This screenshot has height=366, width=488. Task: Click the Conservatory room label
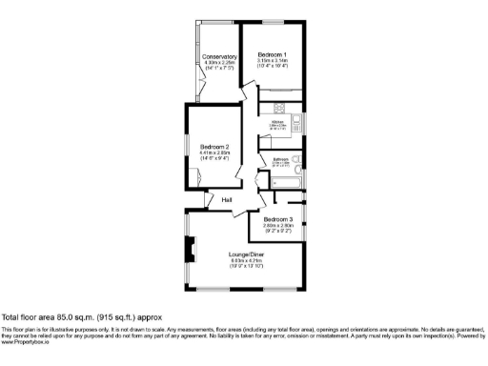pos(219,56)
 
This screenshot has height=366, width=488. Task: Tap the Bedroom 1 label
pos(272,54)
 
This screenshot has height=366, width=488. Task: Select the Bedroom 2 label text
pos(214,146)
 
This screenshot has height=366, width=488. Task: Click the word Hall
pos(227,200)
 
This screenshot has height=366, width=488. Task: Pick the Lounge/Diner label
pos(245,254)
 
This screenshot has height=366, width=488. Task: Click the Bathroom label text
pos(281,158)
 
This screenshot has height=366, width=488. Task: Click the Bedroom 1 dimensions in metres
pos(272,61)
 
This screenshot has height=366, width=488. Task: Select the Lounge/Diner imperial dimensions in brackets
pos(245,266)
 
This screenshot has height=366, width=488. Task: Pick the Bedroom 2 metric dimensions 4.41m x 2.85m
pos(214,152)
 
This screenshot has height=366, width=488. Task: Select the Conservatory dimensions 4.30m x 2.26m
pos(219,63)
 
